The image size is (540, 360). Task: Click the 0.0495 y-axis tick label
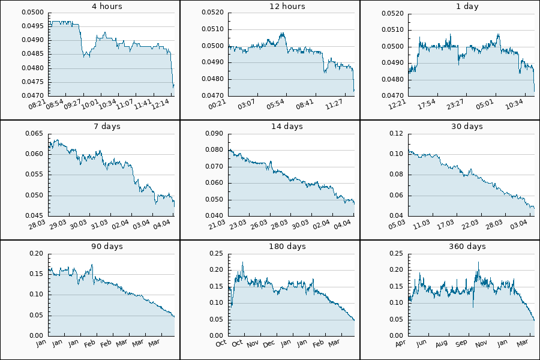click(32, 26)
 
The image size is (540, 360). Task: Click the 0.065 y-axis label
click(35, 134)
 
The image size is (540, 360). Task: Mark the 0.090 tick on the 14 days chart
click(215, 134)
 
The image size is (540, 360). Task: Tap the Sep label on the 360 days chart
click(461, 344)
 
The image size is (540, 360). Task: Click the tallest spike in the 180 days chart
click(242, 262)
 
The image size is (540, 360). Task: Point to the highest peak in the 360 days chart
click(478, 262)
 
